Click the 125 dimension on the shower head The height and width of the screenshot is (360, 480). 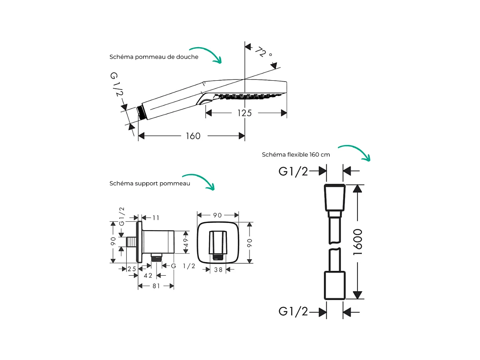pos(244,113)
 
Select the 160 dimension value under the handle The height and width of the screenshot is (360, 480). pos(193,136)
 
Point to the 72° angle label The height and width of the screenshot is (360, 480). pos(264,52)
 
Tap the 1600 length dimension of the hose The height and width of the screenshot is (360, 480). pos(358,242)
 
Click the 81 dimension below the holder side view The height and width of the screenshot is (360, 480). pos(156,286)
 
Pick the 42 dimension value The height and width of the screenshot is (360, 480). pos(148,276)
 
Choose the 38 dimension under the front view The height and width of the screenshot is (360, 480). pos(218,270)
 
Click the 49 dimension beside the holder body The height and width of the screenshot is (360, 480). pos(186,243)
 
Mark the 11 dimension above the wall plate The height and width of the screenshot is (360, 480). pos(156,218)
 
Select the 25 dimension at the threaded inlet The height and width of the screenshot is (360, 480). pos(132,269)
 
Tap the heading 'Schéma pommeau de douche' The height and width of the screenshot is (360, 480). pos(154,57)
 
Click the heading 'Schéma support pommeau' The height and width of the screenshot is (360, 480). pos(150,183)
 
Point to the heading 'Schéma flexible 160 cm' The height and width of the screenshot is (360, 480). pos(296,155)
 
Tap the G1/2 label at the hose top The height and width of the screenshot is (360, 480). pos(293,171)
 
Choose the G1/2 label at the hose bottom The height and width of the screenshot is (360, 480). pos(293,311)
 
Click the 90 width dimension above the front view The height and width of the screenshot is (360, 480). pos(218,215)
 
